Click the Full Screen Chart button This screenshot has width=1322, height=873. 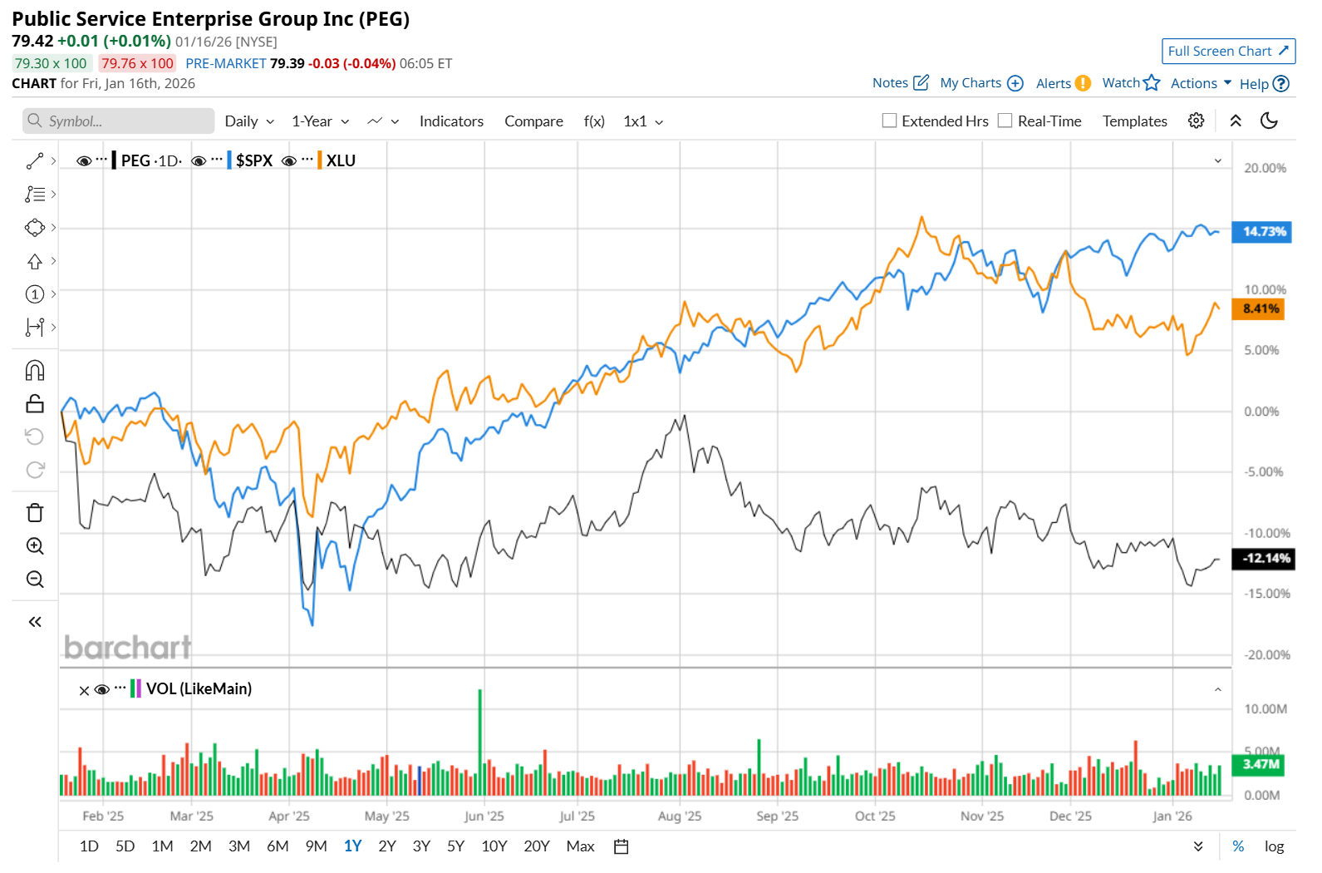point(1227,52)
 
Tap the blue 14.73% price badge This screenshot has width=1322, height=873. point(1263,231)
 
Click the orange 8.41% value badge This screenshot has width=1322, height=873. point(1261,309)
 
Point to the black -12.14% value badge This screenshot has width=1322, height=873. point(1265,558)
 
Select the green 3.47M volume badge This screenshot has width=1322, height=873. point(1261,764)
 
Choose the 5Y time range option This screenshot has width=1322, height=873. point(455,846)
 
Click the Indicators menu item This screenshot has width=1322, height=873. point(451,121)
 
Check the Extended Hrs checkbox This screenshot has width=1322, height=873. point(889,121)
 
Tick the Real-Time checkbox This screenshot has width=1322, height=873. point(1005,121)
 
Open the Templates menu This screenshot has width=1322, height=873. point(1134,121)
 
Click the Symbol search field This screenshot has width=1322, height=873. point(118,121)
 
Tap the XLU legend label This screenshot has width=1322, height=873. point(341,160)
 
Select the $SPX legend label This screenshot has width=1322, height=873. point(253,160)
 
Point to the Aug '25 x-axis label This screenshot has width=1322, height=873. point(679,816)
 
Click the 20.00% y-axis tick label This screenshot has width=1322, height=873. point(1265,168)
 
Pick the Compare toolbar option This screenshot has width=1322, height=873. point(533,121)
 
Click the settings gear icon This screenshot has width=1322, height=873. point(1196,121)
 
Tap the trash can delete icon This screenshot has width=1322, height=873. point(35,513)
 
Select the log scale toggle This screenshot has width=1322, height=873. point(1274,846)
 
